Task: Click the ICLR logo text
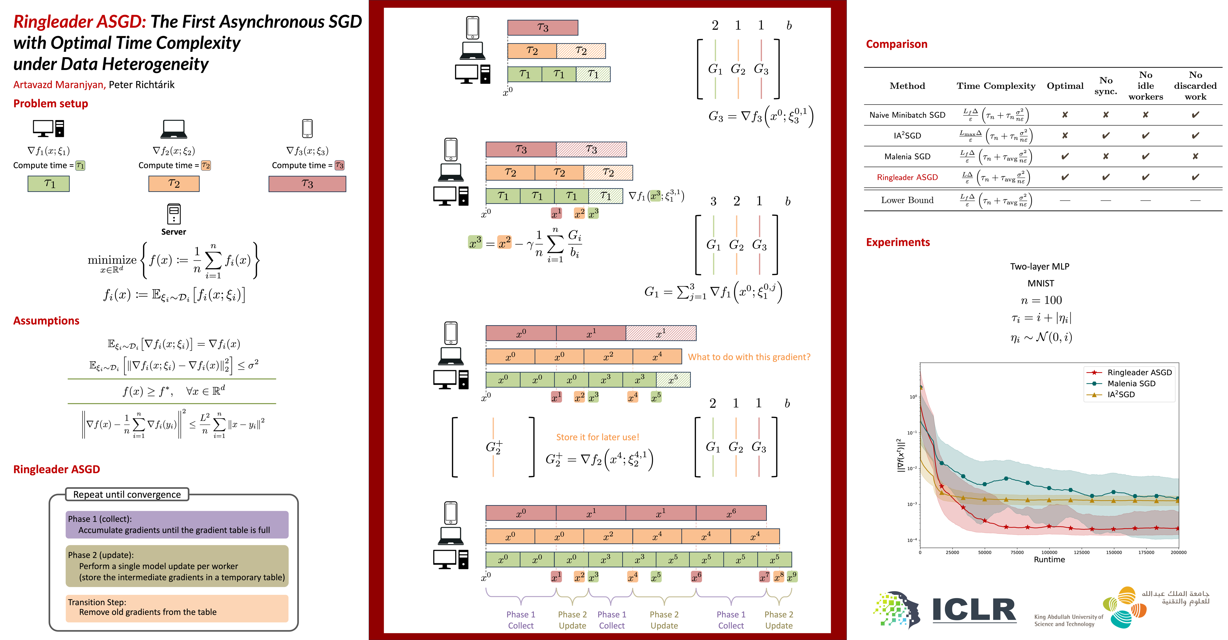click(974, 610)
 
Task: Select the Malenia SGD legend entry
click(1131, 384)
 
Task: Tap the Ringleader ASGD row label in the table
click(907, 177)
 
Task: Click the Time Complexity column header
click(996, 86)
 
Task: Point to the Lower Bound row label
click(907, 200)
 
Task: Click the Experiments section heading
click(898, 242)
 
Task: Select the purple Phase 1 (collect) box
click(177, 524)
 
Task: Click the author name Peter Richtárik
click(142, 85)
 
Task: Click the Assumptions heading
click(46, 321)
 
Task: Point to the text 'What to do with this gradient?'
click(749, 357)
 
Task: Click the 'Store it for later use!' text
click(597, 437)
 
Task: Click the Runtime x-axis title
click(1049, 559)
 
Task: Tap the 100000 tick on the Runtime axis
click(1049, 552)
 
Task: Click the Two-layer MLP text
click(1040, 266)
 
